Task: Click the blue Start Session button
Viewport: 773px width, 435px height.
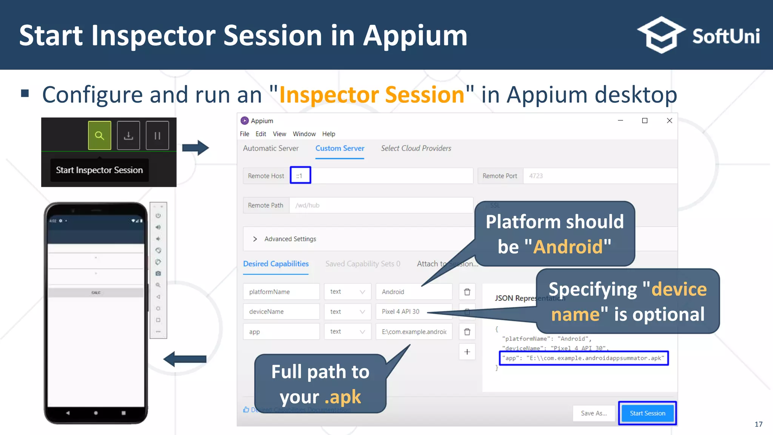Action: pos(647,413)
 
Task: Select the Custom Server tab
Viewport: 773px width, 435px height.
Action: pos(340,148)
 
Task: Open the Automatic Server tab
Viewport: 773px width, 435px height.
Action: pos(271,148)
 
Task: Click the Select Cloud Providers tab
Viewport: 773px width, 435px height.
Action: pos(416,148)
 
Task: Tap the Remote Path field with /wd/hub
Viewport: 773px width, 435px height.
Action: pos(380,205)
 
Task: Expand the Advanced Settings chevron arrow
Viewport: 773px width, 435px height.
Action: pos(255,239)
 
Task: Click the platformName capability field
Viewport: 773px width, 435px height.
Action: pos(281,292)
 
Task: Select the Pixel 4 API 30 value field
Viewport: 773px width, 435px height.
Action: pos(414,312)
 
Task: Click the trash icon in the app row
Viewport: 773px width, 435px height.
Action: pos(467,332)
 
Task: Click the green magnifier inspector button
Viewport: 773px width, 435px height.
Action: pos(100,136)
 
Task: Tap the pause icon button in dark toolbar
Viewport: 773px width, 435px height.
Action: pos(157,136)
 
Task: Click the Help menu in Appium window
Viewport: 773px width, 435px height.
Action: pos(328,134)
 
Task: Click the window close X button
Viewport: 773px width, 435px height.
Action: pos(669,120)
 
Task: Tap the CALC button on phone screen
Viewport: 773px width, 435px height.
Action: pos(96,293)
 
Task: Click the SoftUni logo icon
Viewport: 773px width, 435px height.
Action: pos(661,35)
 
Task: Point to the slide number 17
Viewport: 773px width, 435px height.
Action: pos(758,424)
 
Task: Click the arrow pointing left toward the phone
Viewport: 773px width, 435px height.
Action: pos(185,359)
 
